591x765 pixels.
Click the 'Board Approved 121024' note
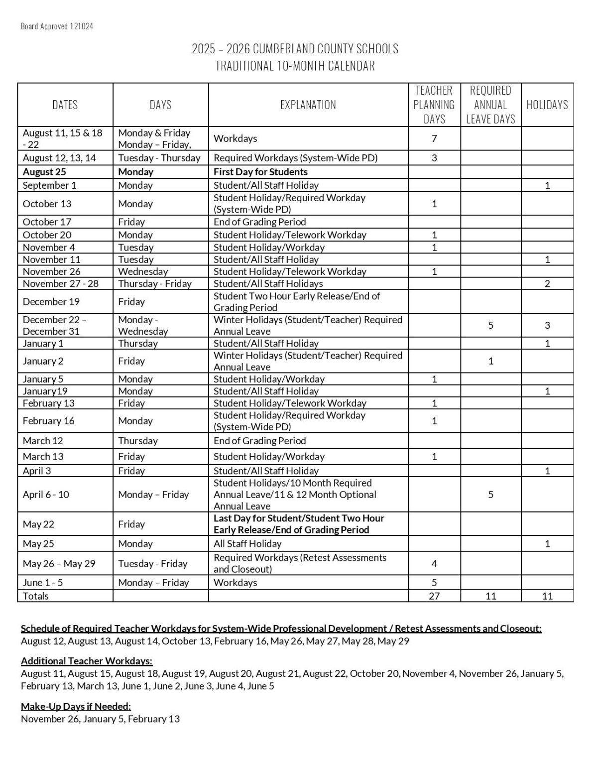click(57, 26)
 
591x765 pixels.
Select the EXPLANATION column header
click(308, 105)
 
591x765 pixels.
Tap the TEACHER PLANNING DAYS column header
click(434, 105)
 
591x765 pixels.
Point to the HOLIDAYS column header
click(547, 105)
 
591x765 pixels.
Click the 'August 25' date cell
click(44, 172)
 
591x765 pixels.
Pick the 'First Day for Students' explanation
click(260, 172)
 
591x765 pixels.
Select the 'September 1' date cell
click(49, 185)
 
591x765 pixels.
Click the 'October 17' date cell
click(47, 222)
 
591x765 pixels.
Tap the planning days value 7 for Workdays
click(434, 138)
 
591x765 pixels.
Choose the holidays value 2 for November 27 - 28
click(547, 284)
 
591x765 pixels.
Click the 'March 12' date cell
click(43, 441)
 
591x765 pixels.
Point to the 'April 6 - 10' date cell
click(46, 495)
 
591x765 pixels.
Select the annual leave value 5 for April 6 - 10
click(490, 495)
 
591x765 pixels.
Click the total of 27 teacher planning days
click(434, 596)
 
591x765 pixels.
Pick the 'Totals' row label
click(36, 596)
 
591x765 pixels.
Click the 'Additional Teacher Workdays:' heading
click(87, 661)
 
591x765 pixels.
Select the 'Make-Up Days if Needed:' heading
click(76, 706)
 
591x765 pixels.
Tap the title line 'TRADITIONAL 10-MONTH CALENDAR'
click(295, 66)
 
